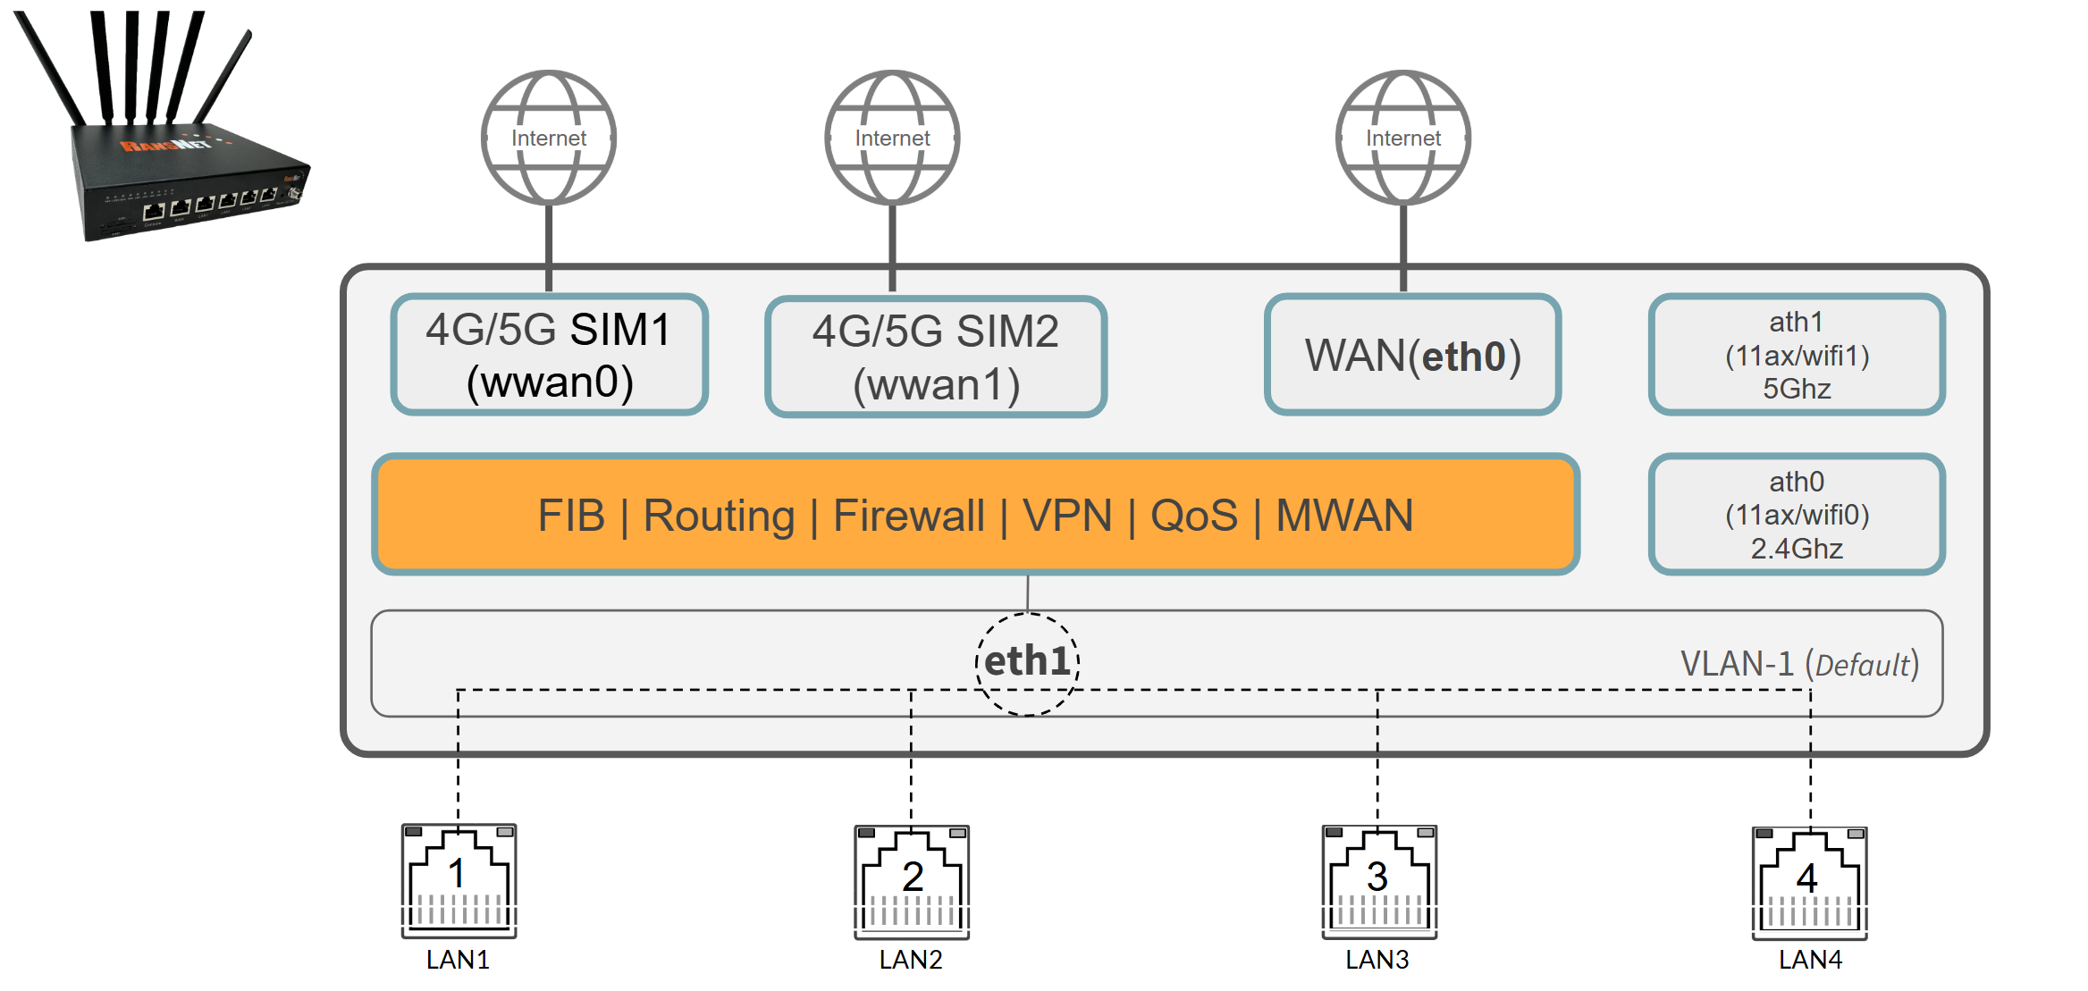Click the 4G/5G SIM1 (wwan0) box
pyautogui.click(x=550, y=355)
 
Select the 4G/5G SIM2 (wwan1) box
pyautogui.click(x=936, y=357)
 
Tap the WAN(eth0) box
pyautogui.click(x=1412, y=355)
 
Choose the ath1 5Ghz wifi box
pyautogui.click(x=1797, y=355)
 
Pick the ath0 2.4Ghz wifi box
pyautogui.click(x=1797, y=515)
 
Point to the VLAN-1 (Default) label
pyautogui.click(x=1799, y=665)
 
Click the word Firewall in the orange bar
pyautogui.click(x=908, y=516)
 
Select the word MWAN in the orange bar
pyautogui.click(x=1344, y=516)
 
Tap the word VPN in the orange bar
pyautogui.click(x=1067, y=516)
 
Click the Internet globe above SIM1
pyautogui.click(x=549, y=138)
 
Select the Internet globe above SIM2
pyautogui.click(x=892, y=138)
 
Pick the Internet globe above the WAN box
pyautogui.click(x=1403, y=138)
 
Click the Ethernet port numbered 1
pyautogui.click(x=459, y=881)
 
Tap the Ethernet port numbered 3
pyautogui.click(x=1379, y=882)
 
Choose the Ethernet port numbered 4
pyautogui.click(x=1810, y=884)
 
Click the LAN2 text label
pyautogui.click(x=911, y=960)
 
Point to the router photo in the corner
pyautogui.click(x=161, y=125)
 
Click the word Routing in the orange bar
pyautogui.click(x=719, y=516)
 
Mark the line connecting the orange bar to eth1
pyautogui.click(x=1028, y=593)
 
